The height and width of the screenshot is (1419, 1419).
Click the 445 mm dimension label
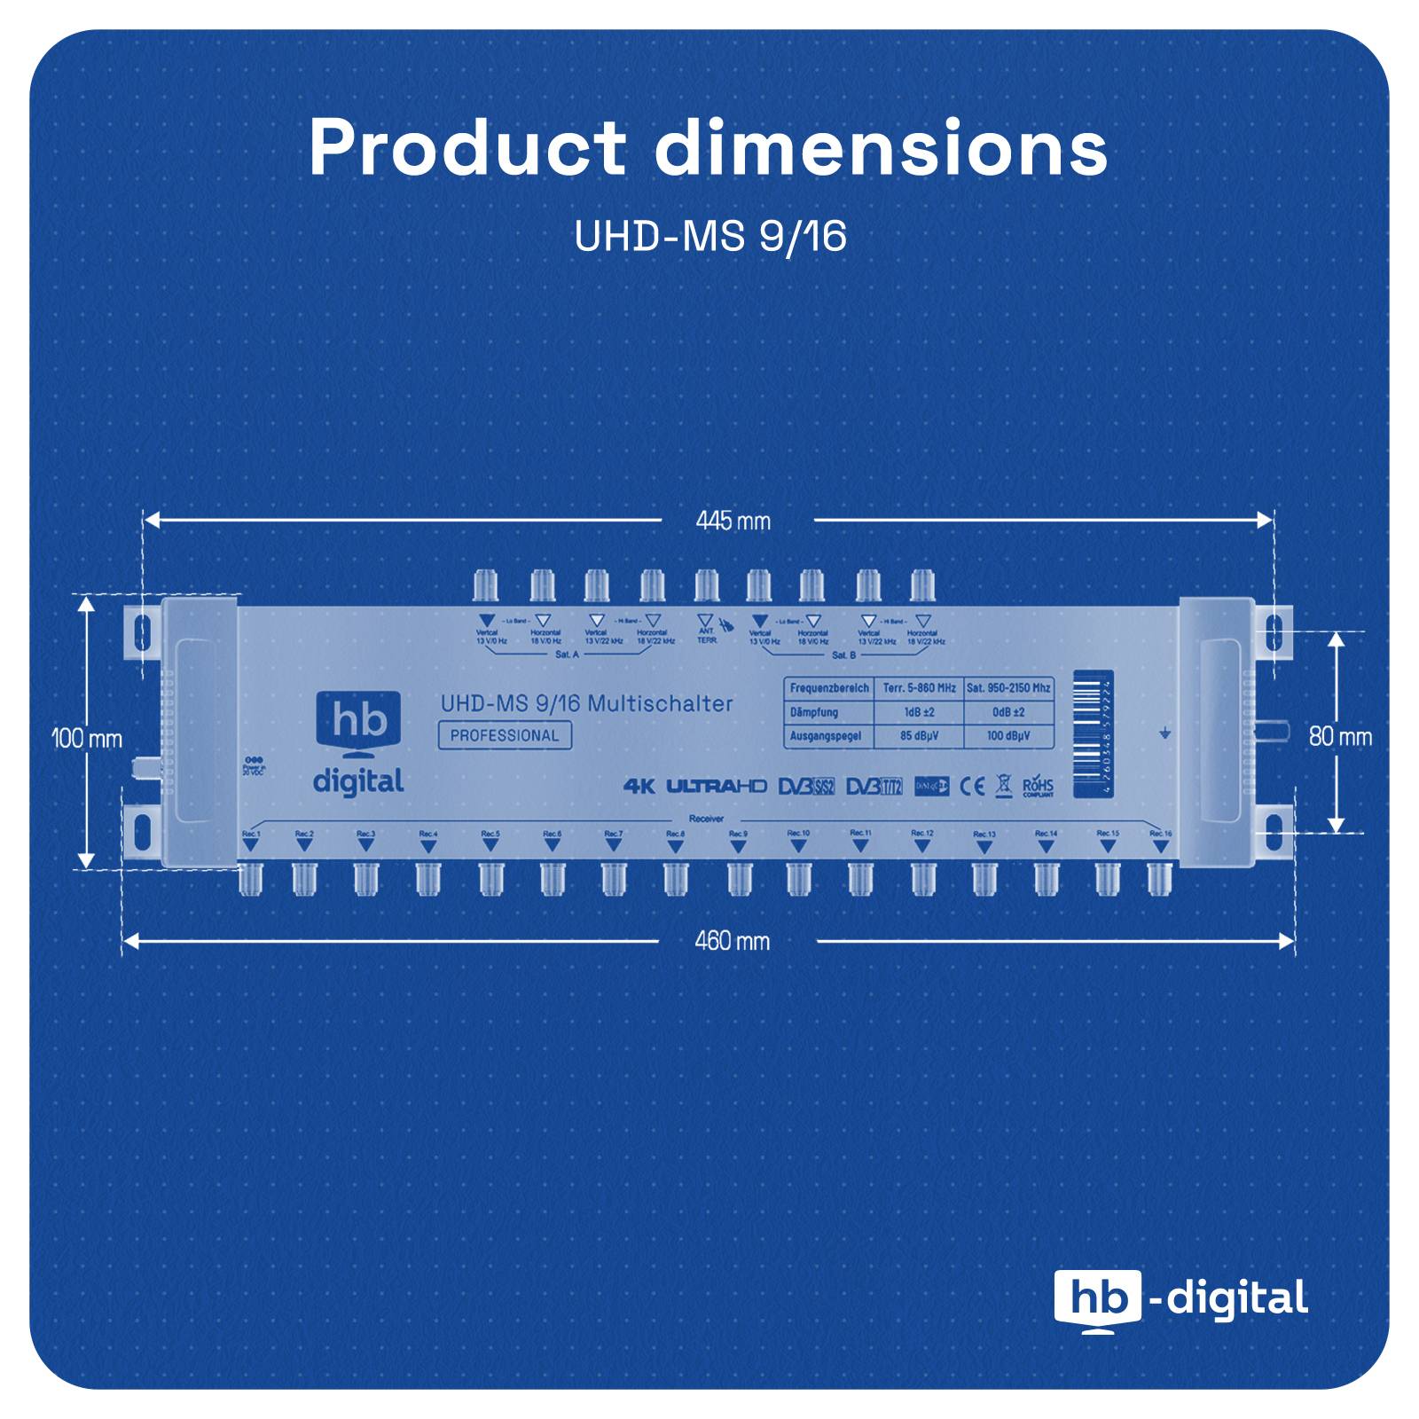[733, 521]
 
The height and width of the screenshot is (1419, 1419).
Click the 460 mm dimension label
[732, 940]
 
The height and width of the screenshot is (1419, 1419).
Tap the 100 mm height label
[87, 738]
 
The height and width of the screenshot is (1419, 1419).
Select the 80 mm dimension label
[1340, 736]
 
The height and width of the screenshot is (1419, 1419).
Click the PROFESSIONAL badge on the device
[504, 735]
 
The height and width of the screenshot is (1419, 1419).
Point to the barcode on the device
[1093, 733]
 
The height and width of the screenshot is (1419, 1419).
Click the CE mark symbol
[973, 787]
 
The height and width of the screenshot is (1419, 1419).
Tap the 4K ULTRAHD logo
[694, 786]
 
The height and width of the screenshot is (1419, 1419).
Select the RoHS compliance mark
[1038, 787]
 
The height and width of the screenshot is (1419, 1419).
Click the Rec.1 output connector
[250, 877]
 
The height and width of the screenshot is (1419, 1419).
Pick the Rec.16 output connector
[1158, 877]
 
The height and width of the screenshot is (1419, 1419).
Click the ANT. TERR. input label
[707, 635]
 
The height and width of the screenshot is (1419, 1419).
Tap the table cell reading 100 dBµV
[1008, 736]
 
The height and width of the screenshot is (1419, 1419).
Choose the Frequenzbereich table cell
[829, 688]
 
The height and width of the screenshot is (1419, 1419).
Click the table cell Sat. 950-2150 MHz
[1008, 688]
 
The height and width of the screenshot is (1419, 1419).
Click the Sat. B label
[843, 655]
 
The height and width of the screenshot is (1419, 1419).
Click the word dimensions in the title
[881, 148]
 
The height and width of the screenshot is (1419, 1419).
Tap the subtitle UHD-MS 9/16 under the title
[709, 237]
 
